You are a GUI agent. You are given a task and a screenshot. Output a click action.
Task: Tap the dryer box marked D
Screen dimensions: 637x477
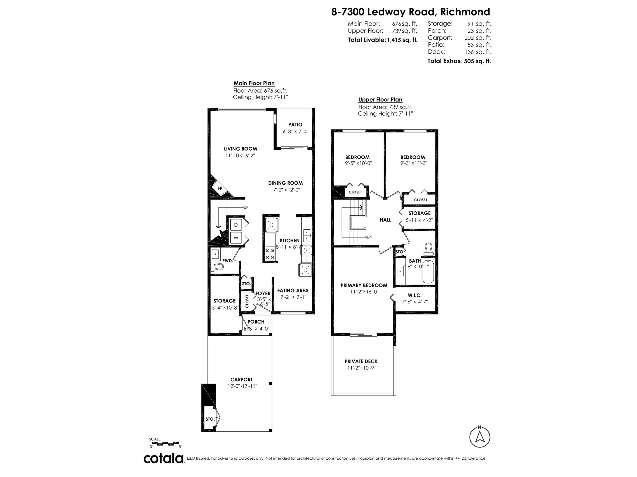point(236,225)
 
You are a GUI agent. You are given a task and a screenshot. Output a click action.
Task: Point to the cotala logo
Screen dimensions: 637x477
point(163,458)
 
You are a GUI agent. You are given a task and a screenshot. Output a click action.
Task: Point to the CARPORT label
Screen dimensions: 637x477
point(241,379)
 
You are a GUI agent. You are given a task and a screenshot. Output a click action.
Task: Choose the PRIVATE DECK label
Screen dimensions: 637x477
point(361,361)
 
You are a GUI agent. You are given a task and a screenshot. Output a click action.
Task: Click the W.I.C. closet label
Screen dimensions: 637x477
point(415,295)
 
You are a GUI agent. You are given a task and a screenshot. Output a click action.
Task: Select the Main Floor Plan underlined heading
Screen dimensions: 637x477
point(254,83)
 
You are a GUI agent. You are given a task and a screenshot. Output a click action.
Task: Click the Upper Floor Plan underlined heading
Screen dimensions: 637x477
point(380,100)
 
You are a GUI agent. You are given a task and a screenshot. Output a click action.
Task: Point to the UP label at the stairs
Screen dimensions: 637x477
point(246,207)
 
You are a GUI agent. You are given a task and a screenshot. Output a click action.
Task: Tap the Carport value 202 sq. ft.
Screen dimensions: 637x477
point(478,38)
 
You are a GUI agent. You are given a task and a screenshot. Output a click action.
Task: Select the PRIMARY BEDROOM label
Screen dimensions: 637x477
point(364,285)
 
